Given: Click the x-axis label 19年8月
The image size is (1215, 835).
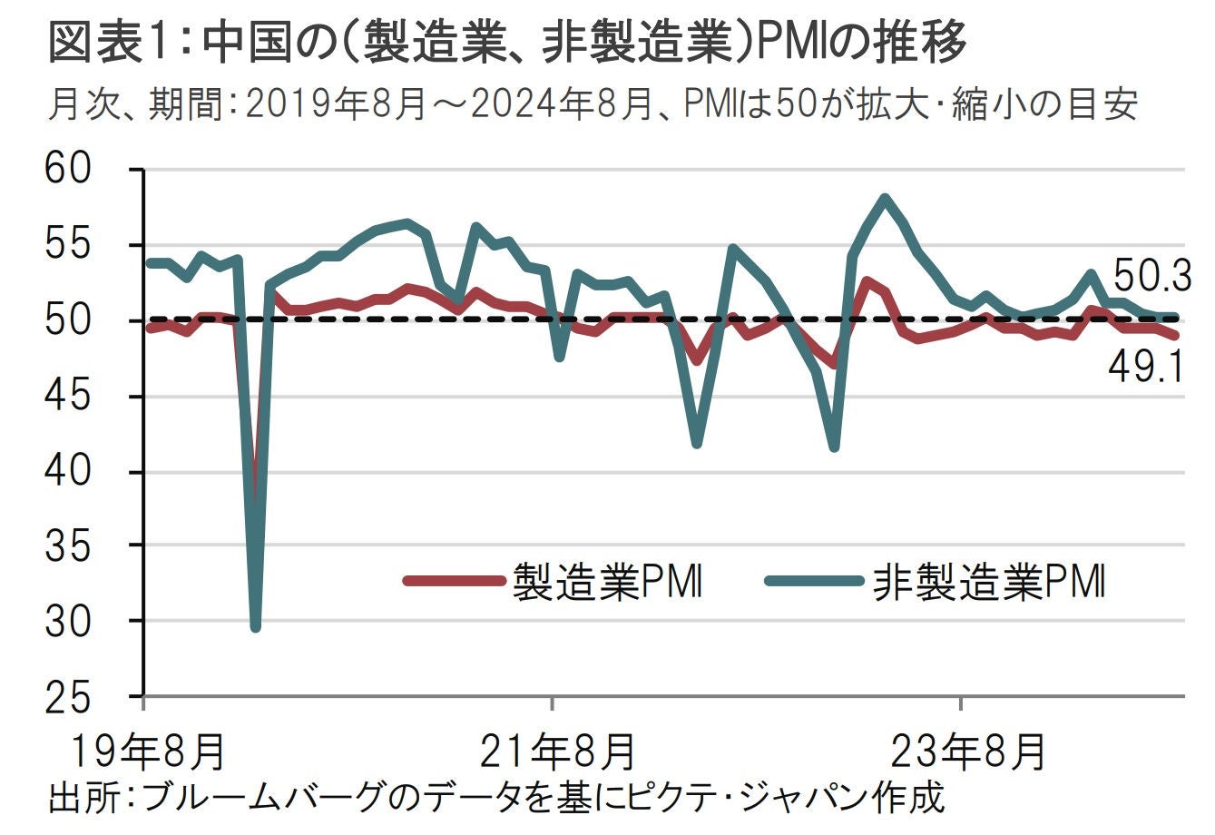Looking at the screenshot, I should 147,751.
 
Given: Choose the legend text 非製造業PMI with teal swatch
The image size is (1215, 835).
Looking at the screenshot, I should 989,582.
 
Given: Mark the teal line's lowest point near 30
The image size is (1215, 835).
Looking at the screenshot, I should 255,626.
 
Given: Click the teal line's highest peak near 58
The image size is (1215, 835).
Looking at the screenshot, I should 885,198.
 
